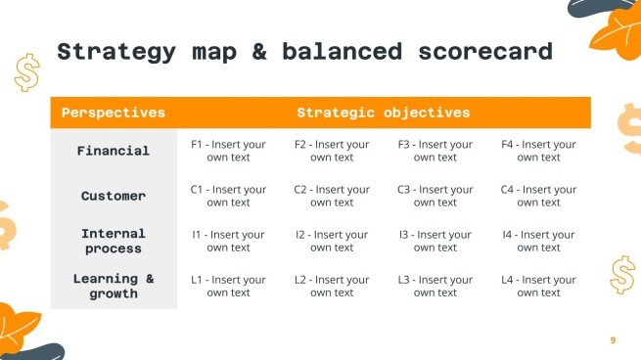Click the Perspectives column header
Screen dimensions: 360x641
[x=113, y=112]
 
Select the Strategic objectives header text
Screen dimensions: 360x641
[x=383, y=112]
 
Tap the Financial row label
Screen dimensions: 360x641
[x=114, y=151]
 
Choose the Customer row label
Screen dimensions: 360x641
[x=114, y=196]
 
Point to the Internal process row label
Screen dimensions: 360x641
[x=114, y=241]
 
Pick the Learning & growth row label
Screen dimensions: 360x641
[x=114, y=286]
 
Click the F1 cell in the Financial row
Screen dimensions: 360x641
[x=228, y=151]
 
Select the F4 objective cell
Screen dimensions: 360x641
[x=538, y=151]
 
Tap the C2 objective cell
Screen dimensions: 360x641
[x=332, y=196]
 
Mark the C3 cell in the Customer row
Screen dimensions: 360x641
[x=435, y=196]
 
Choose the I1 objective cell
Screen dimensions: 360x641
[x=228, y=241]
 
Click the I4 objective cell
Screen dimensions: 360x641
[x=538, y=241]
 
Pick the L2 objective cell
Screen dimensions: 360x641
[x=332, y=286]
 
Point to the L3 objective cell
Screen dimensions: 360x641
[x=435, y=286]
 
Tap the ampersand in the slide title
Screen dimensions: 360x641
[x=259, y=51]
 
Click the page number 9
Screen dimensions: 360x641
[x=613, y=339]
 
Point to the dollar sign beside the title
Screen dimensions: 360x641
[x=26, y=71]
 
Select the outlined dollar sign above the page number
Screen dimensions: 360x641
[x=620, y=275]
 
